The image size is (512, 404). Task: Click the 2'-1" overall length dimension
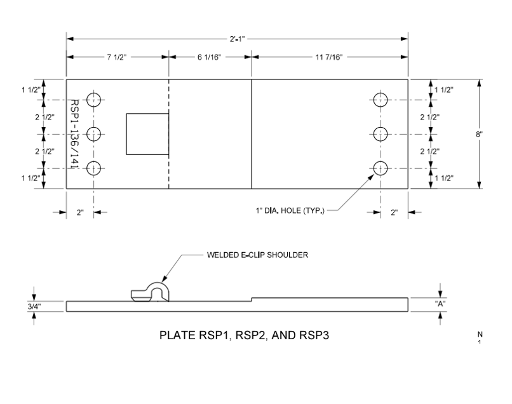[x=237, y=39]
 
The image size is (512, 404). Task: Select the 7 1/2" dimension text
[x=117, y=57]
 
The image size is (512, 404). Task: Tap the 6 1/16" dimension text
[x=209, y=57]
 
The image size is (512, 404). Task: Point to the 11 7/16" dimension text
[x=329, y=57]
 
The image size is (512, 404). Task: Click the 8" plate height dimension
[x=479, y=134]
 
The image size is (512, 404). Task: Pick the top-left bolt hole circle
[x=94, y=93]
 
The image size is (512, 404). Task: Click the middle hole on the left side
[x=94, y=127]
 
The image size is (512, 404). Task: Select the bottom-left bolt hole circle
[x=94, y=162]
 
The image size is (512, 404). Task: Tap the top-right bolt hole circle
[x=381, y=93]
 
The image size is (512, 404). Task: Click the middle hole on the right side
[x=381, y=127]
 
